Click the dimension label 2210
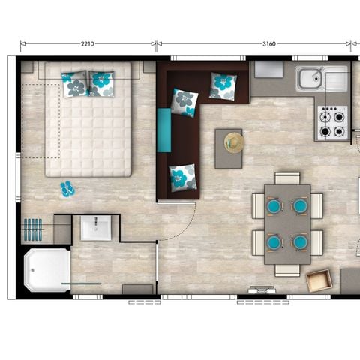pos(87,44)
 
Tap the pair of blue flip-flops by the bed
pos(67,188)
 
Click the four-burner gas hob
pos(331,122)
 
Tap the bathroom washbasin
pos(96,227)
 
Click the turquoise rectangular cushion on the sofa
pos(164,129)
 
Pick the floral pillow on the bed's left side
pos(75,85)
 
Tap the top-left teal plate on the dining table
pos(274,205)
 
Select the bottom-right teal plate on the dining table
pos(300,241)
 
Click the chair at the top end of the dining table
pos(287,178)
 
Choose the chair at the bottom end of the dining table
pos(287,269)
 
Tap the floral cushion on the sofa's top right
pos(223,85)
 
